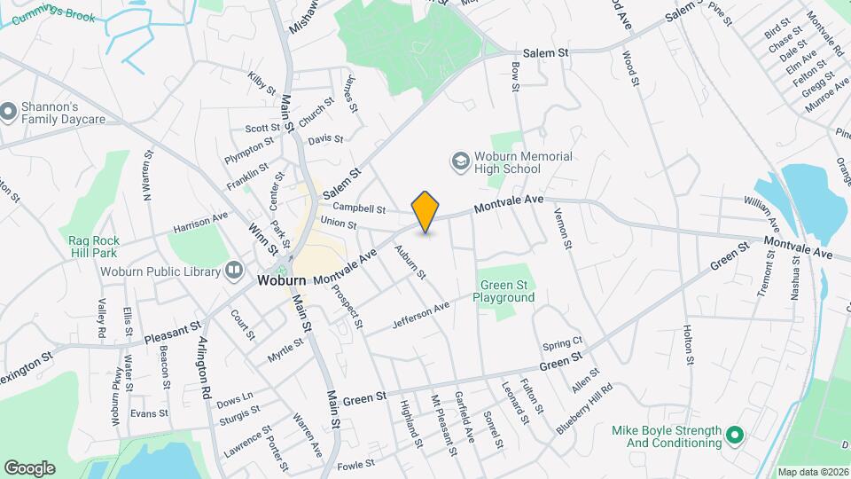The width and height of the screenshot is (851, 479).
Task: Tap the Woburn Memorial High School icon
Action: (x=460, y=161)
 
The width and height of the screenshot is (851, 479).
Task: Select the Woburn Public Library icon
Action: (x=234, y=269)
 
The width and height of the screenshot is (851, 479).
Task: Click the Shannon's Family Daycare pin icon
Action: (x=8, y=112)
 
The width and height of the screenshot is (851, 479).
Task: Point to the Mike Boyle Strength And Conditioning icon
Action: (x=733, y=436)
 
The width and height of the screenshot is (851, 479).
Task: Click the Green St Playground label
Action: (x=508, y=291)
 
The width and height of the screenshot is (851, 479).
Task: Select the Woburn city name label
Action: (x=282, y=280)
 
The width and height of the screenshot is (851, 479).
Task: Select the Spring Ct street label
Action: (x=563, y=342)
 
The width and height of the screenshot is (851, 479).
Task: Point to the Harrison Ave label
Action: (x=200, y=222)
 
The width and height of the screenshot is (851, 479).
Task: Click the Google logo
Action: (x=29, y=467)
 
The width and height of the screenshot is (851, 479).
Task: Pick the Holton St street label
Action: (x=688, y=345)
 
